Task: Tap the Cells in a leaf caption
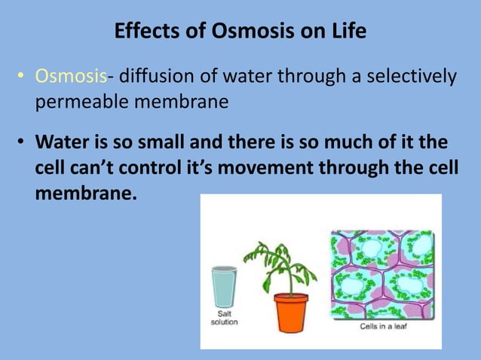[x=381, y=327]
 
